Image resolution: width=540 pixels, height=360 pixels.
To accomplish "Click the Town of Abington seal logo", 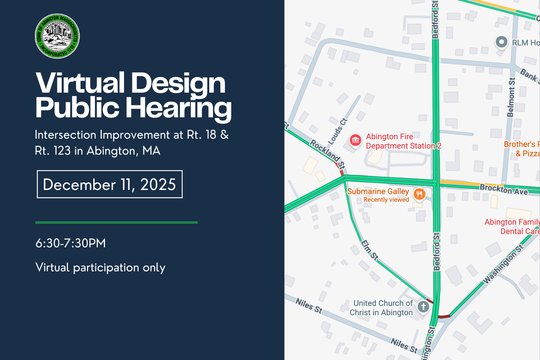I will (57, 36).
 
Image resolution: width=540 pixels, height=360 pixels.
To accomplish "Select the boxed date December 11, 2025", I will (109, 184).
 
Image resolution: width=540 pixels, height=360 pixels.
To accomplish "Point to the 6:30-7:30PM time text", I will (71, 244).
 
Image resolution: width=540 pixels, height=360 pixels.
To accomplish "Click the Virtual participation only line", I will (100, 267).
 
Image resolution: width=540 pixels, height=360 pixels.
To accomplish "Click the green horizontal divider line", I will (116, 222).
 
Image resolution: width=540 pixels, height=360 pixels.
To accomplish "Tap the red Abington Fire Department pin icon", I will (356, 140).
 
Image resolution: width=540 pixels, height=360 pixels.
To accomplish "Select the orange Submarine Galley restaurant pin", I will (419, 194).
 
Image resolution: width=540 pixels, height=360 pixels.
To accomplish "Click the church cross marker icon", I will (423, 307).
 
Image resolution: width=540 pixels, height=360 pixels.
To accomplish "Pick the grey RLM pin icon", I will (502, 42).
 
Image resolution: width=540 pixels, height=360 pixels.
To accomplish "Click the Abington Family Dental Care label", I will (512, 227).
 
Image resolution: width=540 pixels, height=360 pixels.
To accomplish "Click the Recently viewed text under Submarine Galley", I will (386, 200).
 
